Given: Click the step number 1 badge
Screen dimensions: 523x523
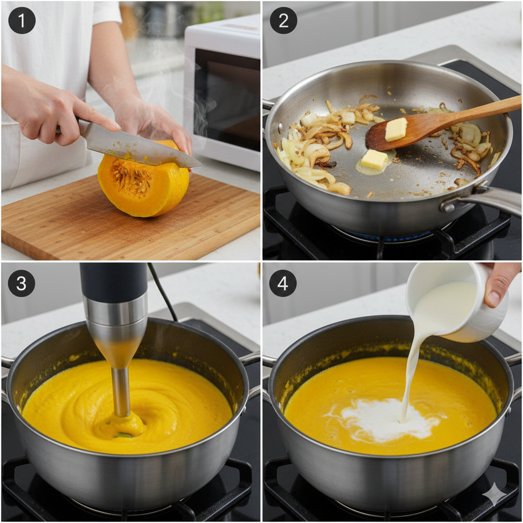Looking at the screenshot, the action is pyautogui.click(x=21, y=20).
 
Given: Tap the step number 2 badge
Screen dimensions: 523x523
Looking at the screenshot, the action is pyautogui.click(x=283, y=20).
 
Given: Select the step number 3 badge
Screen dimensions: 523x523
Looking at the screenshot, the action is pyautogui.click(x=21, y=283).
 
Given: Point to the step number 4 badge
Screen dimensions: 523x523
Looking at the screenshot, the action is pyautogui.click(x=283, y=283).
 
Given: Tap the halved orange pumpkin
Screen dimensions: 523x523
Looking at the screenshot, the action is pyautogui.click(x=144, y=182).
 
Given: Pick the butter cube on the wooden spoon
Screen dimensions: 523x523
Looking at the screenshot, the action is pyautogui.click(x=396, y=129).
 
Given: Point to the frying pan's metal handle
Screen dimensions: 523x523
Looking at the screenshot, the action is pyautogui.click(x=484, y=200).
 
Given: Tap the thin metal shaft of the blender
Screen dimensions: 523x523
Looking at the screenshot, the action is pyautogui.click(x=121, y=392).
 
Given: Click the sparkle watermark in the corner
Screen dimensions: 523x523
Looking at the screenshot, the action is pyautogui.click(x=496, y=496).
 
